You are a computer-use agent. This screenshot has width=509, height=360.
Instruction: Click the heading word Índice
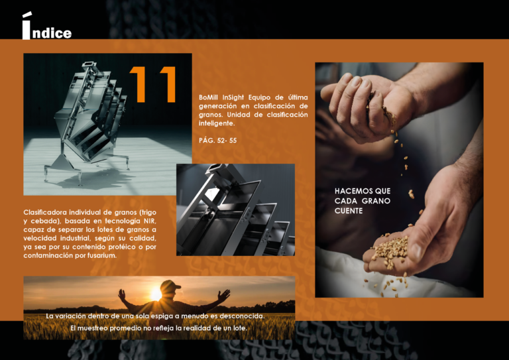point(47,26)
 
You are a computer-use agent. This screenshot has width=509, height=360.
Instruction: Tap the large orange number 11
point(152,84)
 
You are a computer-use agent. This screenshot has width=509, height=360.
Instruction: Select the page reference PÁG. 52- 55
point(218,141)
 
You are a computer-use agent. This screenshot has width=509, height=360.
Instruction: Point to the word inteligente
point(217,123)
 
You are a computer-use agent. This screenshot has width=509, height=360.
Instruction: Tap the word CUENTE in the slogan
point(349,211)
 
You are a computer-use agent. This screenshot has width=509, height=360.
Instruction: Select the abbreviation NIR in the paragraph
point(150,221)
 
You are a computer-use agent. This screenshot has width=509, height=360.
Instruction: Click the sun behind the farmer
point(156,294)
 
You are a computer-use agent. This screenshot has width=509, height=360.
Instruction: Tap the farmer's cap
point(170,285)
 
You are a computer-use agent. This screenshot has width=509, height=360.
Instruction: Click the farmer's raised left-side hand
point(122,294)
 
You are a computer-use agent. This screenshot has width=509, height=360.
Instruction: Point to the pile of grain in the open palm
point(390,251)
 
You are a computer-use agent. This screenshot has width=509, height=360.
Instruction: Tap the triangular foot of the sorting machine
point(61,162)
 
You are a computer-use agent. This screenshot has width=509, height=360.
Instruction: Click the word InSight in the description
point(233,97)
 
